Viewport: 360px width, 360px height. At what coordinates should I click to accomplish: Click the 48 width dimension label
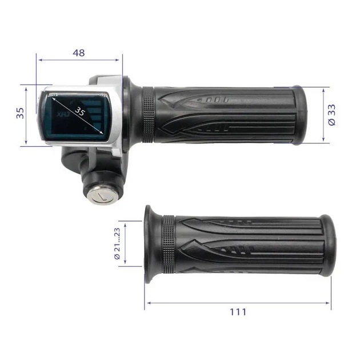[x=79, y=53]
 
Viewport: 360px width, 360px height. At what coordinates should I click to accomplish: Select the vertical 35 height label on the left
[x=20, y=113]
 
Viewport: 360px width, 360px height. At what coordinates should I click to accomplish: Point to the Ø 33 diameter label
[x=332, y=115]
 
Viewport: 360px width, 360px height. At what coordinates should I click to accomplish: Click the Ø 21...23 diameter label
[x=117, y=243]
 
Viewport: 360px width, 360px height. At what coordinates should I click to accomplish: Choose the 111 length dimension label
[x=238, y=312]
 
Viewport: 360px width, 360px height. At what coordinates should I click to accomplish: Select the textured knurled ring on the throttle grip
[x=148, y=115]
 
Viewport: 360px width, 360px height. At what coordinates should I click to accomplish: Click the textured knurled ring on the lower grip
[x=169, y=245]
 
